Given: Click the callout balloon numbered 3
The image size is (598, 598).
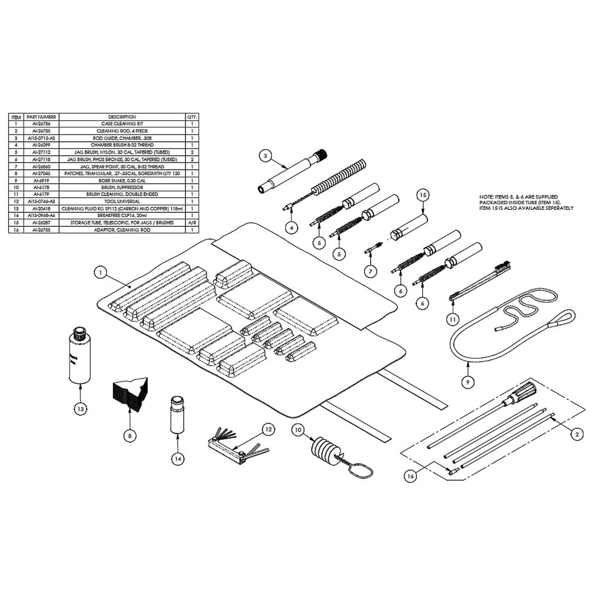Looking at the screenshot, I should tap(265, 156).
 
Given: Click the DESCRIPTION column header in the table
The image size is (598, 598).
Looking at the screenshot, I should tap(122, 117).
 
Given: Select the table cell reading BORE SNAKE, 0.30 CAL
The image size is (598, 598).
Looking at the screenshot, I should tap(122, 180).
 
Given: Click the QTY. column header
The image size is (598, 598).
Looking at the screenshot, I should tap(192, 117).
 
